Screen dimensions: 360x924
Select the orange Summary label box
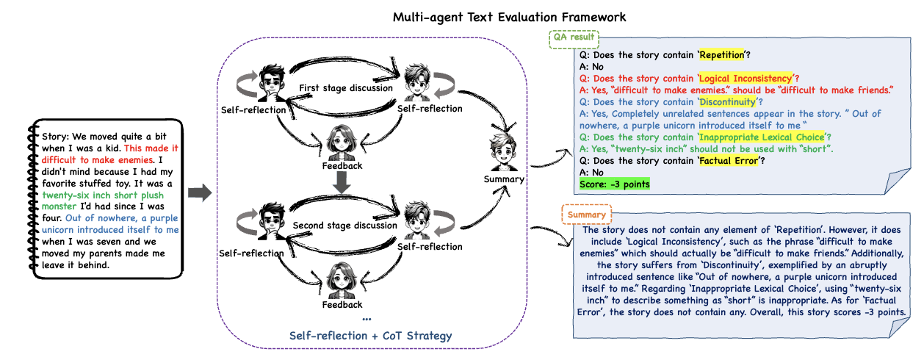click(587, 215)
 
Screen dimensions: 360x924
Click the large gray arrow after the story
click(199, 193)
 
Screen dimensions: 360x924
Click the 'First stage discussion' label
click(345, 88)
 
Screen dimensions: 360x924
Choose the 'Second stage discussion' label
click(344, 226)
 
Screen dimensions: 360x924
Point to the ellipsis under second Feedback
click(367, 317)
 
